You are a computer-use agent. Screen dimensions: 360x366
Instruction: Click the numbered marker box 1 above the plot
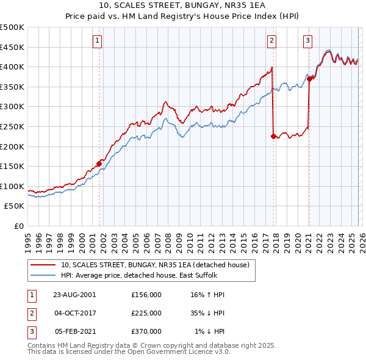[98, 41]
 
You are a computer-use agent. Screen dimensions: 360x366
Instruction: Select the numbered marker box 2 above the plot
[271, 41]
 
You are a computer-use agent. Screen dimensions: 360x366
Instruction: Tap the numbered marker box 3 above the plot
[308, 41]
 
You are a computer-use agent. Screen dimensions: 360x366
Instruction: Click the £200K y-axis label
[12, 146]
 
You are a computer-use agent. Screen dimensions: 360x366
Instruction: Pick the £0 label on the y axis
[18, 226]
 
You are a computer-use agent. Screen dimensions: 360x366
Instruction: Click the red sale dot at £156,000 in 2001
[99, 164]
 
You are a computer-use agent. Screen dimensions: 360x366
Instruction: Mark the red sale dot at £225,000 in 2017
[273, 136]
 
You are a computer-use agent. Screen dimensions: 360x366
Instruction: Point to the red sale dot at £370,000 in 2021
[309, 79]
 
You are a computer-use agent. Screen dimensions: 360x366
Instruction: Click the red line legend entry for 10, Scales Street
[155, 265]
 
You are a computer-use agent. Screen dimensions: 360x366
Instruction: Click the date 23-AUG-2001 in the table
[74, 294]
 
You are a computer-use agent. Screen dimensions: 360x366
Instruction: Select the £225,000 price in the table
[146, 313]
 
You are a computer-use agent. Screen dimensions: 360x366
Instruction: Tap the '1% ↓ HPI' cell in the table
[210, 331]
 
